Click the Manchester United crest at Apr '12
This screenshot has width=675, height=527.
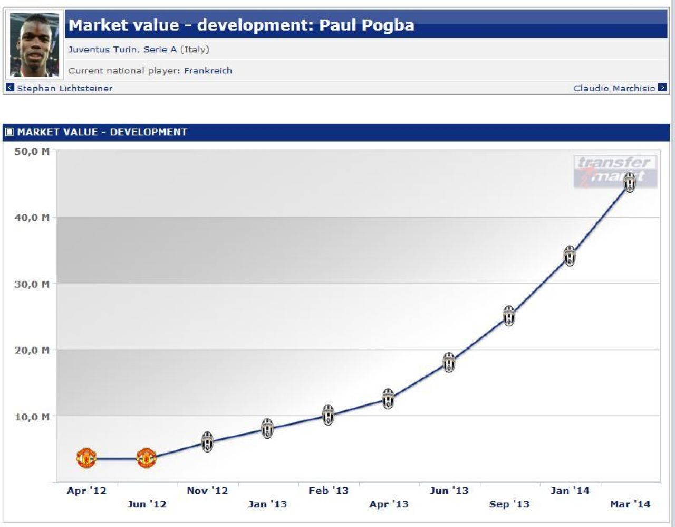(x=86, y=458)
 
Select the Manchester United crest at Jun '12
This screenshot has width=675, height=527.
(x=146, y=458)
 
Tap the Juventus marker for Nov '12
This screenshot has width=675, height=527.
(x=207, y=441)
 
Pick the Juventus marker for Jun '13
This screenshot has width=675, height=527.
(x=449, y=363)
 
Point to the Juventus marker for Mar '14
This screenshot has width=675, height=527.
(x=630, y=182)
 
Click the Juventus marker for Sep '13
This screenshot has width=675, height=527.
(x=509, y=316)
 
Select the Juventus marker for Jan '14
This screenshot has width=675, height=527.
(x=570, y=256)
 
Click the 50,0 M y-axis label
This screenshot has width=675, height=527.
(x=32, y=152)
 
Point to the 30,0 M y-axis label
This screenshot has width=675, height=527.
(x=32, y=284)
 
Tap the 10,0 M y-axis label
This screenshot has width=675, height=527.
(x=32, y=417)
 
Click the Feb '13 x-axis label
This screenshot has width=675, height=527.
(x=329, y=491)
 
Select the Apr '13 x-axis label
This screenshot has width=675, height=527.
(x=389, y=504)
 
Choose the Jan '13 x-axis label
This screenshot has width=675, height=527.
(x=267, y=504)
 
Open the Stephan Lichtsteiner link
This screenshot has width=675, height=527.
(x=65, y=88)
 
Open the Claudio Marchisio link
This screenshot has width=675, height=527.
(x=614, y=88)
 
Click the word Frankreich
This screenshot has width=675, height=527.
(x=208, y=71)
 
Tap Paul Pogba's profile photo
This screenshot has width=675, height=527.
(x=34, y=45)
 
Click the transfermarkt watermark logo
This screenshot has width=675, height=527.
(x=615, y=171)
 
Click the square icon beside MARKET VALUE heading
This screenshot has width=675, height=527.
(x=9, y=132)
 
